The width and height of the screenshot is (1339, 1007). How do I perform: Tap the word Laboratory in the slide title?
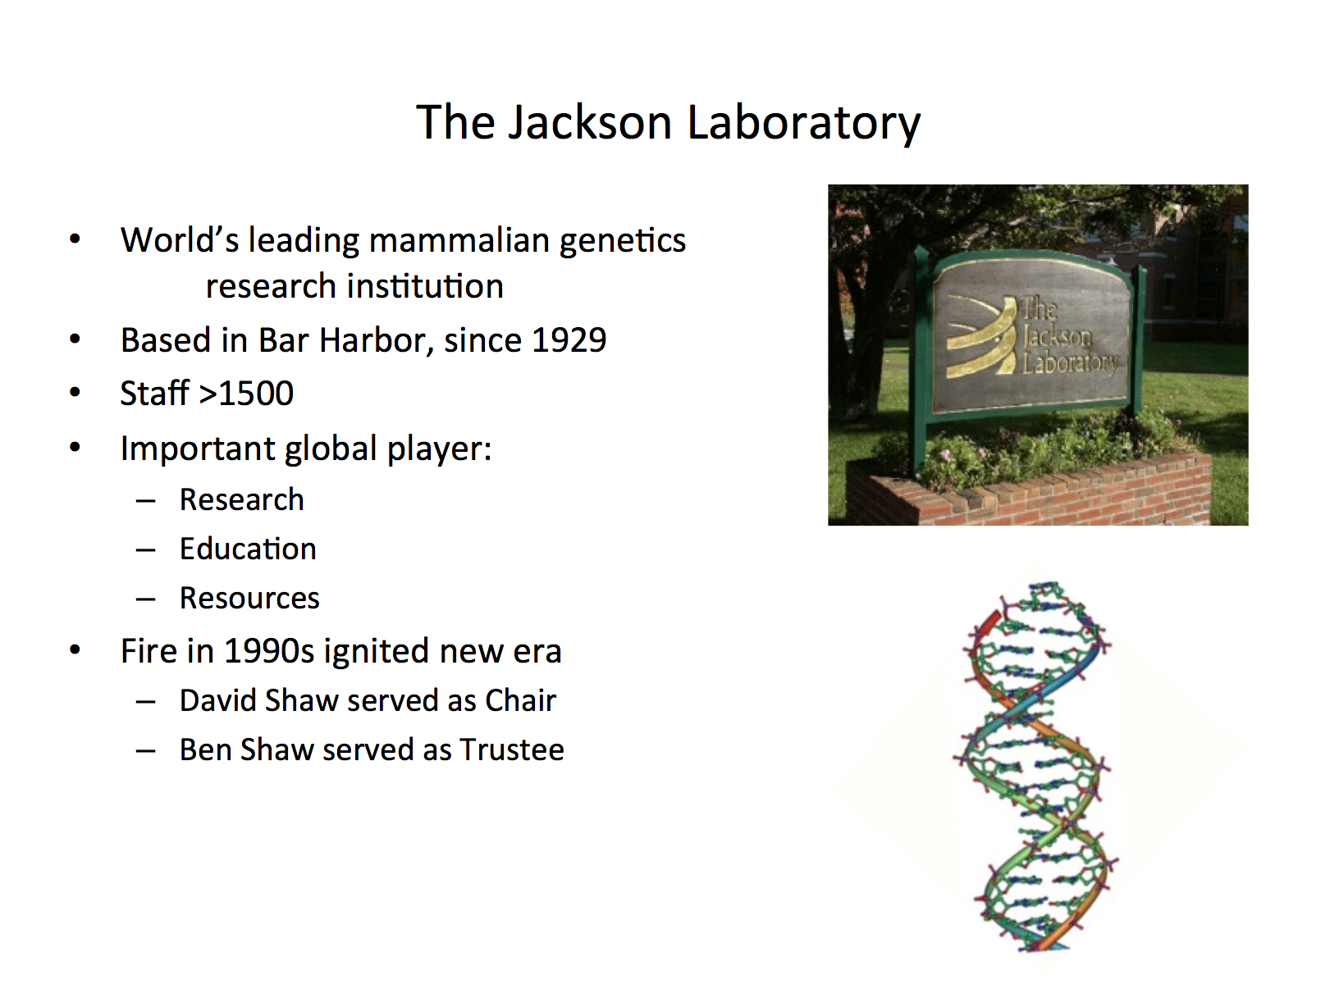coord(803,124)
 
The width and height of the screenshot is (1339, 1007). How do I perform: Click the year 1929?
coord(569,340)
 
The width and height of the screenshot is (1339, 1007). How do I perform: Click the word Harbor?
coord(376,340)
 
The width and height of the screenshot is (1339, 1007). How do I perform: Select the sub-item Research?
coord(241,500)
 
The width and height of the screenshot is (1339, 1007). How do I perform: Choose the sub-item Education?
coord(248,549)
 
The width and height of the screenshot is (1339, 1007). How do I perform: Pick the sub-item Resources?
coord(249,598)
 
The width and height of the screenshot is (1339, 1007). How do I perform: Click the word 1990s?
coord(268,651)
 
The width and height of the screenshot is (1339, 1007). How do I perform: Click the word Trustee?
coord(512,750)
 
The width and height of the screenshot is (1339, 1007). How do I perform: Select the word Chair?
coord(520,700)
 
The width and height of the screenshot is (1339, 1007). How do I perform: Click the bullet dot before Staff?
coord(75,392)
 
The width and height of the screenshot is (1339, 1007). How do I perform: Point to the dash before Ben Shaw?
coord(145,751)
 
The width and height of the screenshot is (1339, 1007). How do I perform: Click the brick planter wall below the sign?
coord(1031,493)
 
